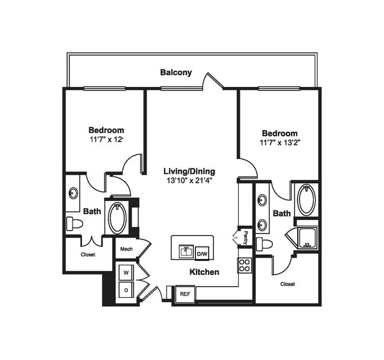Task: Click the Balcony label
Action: click(176, 73)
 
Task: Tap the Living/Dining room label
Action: click(189, 171)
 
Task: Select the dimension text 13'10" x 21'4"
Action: click(189, 180)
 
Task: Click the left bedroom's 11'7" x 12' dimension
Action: click(106, 140)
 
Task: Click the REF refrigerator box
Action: click(184, 293)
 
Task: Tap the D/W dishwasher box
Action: click(202, 253)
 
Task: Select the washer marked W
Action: click(126, 273)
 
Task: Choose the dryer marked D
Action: click(126, 290)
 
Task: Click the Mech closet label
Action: click(126, 249)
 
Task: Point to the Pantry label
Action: click(246, 238)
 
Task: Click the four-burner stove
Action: click(245, 264)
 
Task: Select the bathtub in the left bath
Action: click(116, 218)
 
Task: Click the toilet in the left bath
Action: click(74, 223)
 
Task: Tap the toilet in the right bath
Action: click(265, 244)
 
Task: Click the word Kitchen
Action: click(204, 273)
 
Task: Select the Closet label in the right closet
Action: click(288, 284)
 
